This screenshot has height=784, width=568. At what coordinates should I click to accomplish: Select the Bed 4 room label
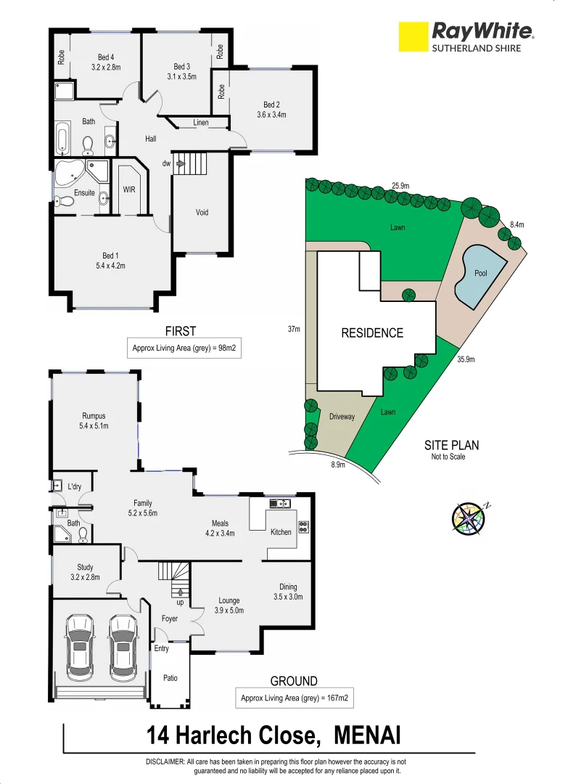coord(106,57)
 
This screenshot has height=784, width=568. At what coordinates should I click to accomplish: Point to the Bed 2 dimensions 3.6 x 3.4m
coord(271,115)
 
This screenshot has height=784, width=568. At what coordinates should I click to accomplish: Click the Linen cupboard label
coord(201,123)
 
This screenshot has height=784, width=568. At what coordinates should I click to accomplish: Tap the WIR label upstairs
coord(129,189)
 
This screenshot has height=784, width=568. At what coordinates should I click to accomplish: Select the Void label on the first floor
coord(202,213)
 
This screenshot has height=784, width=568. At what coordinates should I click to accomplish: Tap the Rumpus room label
coord(94,416)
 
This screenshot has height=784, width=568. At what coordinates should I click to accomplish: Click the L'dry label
coord(74,486)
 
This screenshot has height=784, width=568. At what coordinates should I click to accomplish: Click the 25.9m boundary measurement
coord(400,186)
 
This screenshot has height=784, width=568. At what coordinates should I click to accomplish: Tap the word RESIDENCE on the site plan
coord(372,333)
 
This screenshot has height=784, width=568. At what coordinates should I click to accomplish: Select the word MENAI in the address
coord(367,736)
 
